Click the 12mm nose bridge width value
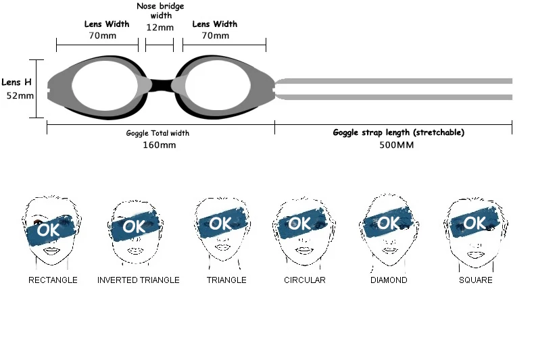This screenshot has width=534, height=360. coord(160,28)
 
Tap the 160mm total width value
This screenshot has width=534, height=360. coord(160,145)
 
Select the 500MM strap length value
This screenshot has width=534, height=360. coord(396,145)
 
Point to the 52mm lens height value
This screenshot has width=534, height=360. coord(20,95)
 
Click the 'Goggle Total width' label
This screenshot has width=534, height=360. coord(157,133)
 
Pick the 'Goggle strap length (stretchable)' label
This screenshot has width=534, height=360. coord(398,132)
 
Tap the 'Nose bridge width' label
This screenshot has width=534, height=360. coord(160,10)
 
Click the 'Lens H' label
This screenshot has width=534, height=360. coord(16,82)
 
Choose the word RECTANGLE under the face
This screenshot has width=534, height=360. coord(53,280)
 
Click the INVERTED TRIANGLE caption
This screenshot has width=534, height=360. coord(139,280)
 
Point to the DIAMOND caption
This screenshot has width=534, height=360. coord(389,280)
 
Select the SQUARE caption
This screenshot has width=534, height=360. coord(476,280)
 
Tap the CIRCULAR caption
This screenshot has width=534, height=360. coord(304,280)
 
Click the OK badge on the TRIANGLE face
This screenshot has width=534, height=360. coord(220,224)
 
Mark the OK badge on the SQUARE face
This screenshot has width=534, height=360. coord(474,224)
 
